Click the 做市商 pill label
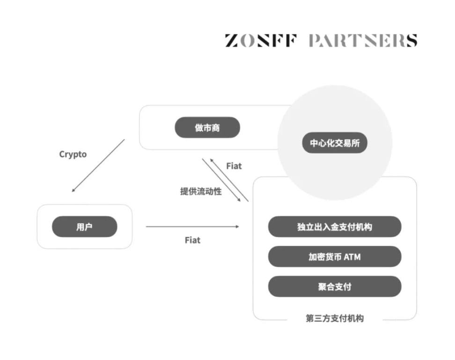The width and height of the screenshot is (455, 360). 207,127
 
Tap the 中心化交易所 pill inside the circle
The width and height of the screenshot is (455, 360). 334,143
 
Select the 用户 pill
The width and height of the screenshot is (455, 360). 84,227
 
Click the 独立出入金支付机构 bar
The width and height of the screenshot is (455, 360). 334,227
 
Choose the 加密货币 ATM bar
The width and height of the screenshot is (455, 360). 334,257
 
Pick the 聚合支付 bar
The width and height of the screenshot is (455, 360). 334,287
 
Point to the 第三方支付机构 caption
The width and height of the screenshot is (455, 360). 334,318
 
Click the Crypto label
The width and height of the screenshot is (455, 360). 73,154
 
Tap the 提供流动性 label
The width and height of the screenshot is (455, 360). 201,191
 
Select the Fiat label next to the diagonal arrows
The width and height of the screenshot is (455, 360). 234,166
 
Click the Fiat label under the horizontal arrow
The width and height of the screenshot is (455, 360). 192,240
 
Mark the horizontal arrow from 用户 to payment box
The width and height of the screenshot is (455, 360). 192,227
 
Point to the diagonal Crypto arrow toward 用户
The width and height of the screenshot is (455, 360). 98,165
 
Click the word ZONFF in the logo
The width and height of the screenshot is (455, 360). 260,41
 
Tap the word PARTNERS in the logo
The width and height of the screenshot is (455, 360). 362,41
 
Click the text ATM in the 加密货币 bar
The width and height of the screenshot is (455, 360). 352,257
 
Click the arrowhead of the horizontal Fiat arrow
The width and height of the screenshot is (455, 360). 237,227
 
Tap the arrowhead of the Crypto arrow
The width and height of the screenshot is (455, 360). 73,190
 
